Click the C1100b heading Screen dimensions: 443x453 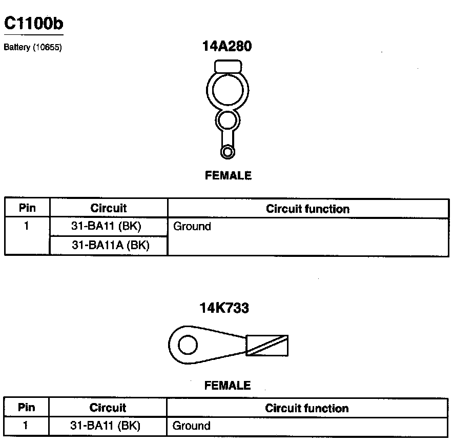tap(34, 23)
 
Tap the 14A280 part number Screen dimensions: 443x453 tap(227, 46)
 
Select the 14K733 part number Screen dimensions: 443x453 tap(224, 308)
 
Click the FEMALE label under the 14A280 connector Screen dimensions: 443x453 tap(228, 175)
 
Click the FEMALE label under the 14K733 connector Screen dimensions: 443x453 tap(228, 385)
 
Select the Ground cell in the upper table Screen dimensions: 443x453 tap(192, 226)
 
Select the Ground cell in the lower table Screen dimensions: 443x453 tap(191, 425)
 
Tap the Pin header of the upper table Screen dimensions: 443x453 tap(27, 208)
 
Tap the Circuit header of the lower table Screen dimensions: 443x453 tap(108, 408)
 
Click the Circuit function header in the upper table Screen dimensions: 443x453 tap(307, 209)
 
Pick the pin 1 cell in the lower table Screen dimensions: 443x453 tap(26, 425)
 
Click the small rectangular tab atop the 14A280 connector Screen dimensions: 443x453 tap(228, 66)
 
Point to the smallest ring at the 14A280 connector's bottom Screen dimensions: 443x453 tap(228, 152)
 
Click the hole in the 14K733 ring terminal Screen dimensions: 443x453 tap(188, 345)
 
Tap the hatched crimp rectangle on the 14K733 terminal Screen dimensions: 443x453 tap(267, 345)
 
